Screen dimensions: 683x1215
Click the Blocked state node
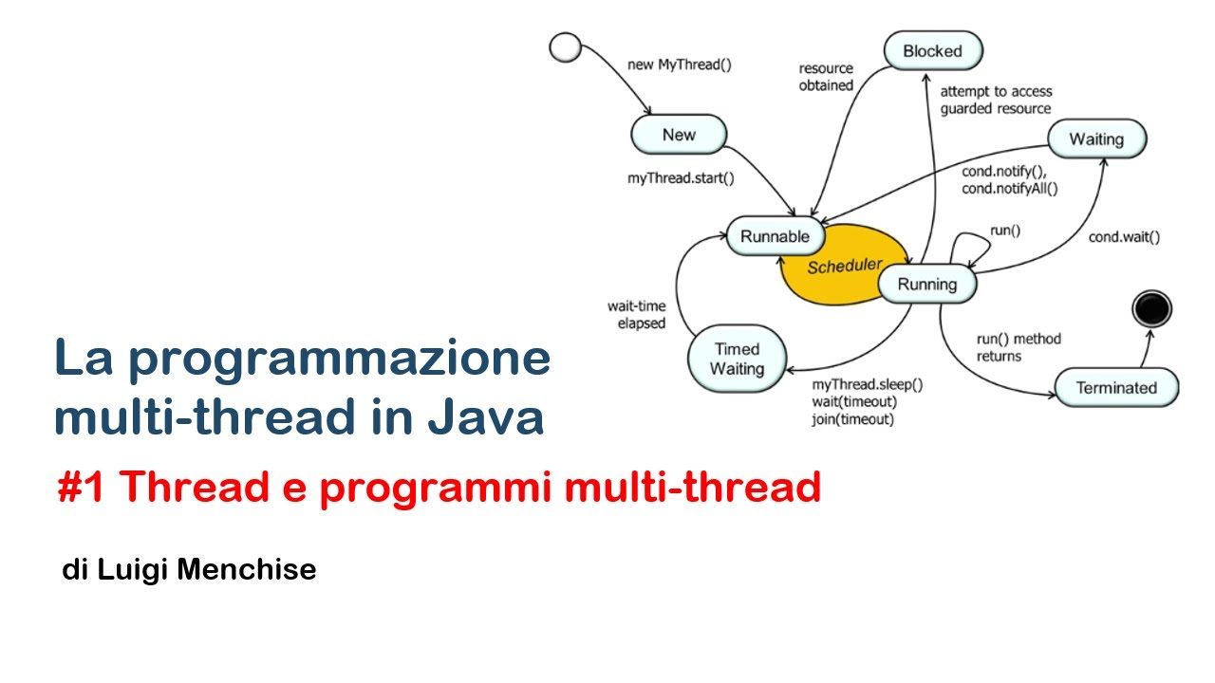click(932, 51)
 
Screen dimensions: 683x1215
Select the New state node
click(679, 135)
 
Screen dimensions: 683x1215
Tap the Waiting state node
click(1096, 139)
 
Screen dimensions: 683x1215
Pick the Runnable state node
click(775, 236)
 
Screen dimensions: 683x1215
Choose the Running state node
click(926, 285)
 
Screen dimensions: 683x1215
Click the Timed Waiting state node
click(737, 359)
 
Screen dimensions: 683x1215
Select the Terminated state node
click(1116, 388)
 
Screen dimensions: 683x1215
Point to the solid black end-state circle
click(1152, 309)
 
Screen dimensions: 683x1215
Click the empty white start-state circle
click(565, 47)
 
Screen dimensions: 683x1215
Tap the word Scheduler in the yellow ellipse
click(845, 267)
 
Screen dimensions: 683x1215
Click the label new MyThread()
click(680, 65)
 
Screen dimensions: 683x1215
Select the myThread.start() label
click(681, 177)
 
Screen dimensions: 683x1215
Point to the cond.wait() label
click(1124, 237)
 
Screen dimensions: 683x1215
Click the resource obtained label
click(826, 77)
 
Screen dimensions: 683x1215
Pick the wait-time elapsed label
click(636, 315)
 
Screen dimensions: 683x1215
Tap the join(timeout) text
click(852, 419)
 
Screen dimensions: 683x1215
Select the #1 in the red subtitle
click(82, 488)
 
